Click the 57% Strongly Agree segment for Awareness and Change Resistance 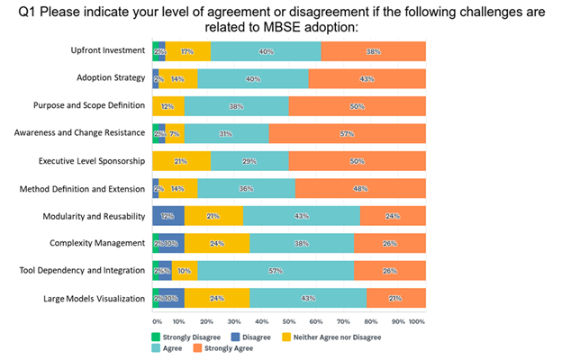(x=347, y=133)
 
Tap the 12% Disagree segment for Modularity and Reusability (x=168, y=216)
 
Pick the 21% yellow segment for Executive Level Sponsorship (x=181, y=161)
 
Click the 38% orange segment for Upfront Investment (x=373, y=51)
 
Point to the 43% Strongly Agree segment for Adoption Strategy (x=367, y=78)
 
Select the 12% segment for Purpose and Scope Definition (x=168, y=106)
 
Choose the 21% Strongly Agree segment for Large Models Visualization (x=396, y=299)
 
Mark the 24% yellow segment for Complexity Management (x=217, y=244)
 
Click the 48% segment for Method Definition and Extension (x=360, y=189)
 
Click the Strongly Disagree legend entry (x=186, y=337)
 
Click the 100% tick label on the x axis (x=417, y=320)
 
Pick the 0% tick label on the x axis (x=157, y=320)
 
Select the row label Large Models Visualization (x=96, y=299)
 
